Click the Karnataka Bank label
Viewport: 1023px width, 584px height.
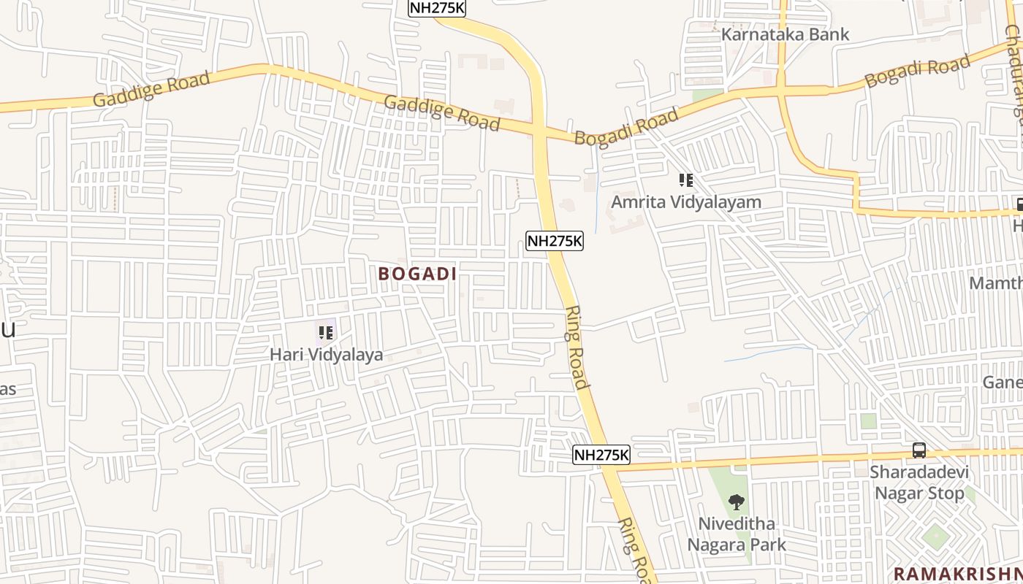(x=785, y=34)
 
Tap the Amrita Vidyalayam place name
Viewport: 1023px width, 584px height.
(x=685, y=202)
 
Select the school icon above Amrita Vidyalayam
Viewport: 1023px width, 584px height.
(x=685, y=180)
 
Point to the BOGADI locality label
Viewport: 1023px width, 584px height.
(x=417, y=274)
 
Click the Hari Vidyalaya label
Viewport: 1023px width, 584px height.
(x=326, y=356)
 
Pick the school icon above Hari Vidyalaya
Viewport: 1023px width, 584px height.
(x=326, y=334)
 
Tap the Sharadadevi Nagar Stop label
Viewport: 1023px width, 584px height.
(x=919, y=482)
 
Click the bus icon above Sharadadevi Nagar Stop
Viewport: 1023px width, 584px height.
(x=919, y=450)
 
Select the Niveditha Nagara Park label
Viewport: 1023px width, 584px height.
(x=737, y=534)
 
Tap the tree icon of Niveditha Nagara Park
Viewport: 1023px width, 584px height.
(x=737, y=502)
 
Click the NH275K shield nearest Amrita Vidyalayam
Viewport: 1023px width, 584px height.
(x=555, y=241)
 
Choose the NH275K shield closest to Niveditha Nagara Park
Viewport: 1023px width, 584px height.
(x=601, y=455)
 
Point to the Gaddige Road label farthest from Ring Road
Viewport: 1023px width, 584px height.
(x=151, y=89)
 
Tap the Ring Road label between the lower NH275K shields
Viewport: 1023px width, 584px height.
(x=577, y=347)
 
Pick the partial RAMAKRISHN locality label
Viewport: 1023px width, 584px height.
(x=957, y=573)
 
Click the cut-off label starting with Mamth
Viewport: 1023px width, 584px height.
(x=995, y=283)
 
